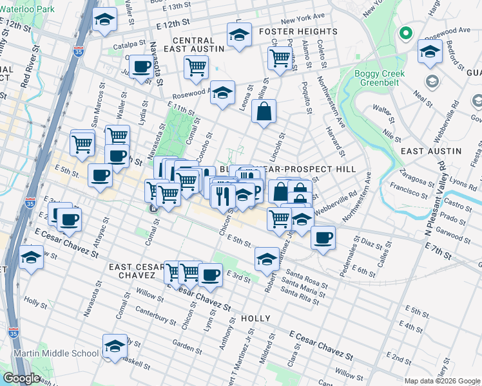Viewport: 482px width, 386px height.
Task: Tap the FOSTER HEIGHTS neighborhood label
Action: coord(298,32)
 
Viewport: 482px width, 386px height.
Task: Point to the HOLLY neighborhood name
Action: coord(255,318)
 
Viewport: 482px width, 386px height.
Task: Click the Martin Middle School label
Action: coord(50,353)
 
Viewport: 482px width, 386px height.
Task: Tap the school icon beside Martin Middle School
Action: coord(115,346)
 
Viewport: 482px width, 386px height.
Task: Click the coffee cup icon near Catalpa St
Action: coord(141,66)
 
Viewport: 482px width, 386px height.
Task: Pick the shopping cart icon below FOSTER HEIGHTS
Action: coord(280,57)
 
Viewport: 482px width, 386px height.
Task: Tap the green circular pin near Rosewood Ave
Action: coord(406,33)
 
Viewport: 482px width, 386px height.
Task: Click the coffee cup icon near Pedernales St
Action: coord(323,237)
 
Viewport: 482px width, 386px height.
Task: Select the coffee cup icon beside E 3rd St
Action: coord(210,275)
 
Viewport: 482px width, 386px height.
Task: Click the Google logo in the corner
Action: coord(21,378)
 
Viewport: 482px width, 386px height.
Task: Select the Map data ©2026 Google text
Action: coord(442,381)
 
